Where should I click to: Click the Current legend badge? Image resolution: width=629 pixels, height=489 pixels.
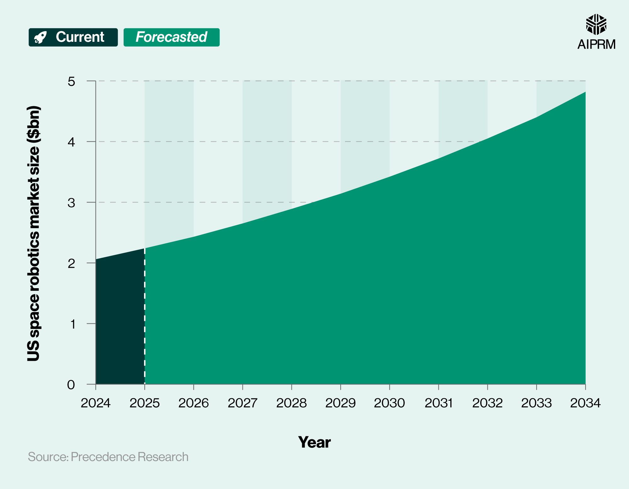tap(73, 37)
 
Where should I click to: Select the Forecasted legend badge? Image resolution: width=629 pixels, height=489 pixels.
tap(171, 37)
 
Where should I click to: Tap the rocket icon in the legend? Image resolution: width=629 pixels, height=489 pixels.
tap(40, 37)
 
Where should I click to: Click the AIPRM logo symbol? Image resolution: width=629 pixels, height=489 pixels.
tap(596, 25)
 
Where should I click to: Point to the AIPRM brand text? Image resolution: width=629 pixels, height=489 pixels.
tap(596, 44)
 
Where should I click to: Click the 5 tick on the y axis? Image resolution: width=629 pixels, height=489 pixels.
tap(71, 81)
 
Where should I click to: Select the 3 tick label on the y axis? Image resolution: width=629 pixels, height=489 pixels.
tap(71, 203)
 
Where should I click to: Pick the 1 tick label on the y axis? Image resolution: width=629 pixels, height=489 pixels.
tap(73, 324)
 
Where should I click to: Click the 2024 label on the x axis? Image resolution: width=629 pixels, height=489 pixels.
tap(96, 403)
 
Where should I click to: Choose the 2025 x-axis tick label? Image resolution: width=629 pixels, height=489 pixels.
tap(145, 403)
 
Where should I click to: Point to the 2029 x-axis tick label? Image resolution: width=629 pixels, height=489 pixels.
tap(340, 403)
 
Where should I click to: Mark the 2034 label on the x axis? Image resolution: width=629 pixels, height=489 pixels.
tap(585, 403)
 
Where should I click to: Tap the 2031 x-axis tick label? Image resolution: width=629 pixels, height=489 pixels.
tap(438, 403)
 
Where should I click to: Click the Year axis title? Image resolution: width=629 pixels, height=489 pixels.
tap(314, 442)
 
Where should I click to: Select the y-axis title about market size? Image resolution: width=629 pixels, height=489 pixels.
tap(34, 233)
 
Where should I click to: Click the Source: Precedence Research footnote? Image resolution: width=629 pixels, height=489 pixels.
tap(108, 457)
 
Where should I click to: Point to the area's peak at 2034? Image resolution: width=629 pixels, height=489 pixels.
tap(585, 92)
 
